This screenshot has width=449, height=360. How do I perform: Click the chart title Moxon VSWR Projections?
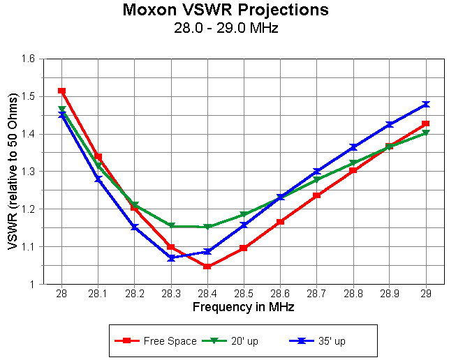tap(225, 10)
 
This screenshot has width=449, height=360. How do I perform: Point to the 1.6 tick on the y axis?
tap(28, 59)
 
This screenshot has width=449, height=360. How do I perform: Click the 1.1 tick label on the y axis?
tap(28, 247)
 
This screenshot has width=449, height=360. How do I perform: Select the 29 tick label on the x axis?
tap(426, 294)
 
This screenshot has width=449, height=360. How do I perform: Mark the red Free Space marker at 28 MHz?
tap(62, 91)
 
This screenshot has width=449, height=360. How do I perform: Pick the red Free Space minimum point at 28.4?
tap(207, 267)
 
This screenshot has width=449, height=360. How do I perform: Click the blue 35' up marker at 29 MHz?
tap(426, 105)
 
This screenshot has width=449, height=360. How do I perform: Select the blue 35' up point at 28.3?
tap(171, 258)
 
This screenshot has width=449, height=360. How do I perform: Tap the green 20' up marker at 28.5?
tap(244, 214)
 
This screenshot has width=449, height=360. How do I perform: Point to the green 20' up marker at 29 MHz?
tap(426, 133)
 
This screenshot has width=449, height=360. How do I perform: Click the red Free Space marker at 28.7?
tap(317, 195)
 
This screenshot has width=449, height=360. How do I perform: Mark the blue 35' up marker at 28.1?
tap(98, 179)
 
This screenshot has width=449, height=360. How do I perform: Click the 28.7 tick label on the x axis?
tap(317, 294)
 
